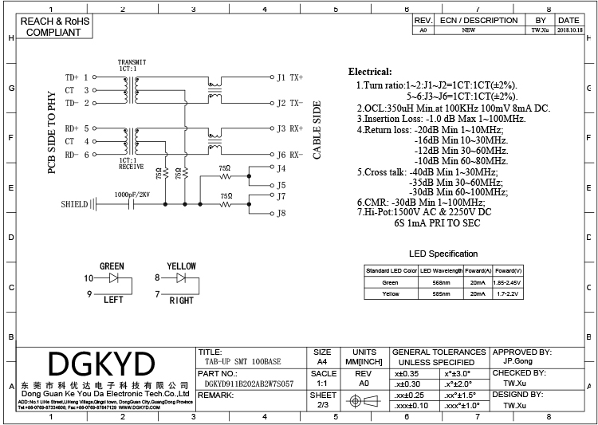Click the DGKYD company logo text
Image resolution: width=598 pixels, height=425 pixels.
pyautogui.click(x=102, y=364)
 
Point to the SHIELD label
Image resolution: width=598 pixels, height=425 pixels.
pyautogui.click(x=74, y=204)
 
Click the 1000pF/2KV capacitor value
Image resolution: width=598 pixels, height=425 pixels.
pyautogui.click(x=132, y=194)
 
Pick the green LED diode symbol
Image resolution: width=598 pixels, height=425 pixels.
pyautogui.click(x=113, y=277)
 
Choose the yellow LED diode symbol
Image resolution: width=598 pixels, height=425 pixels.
pyautogui.click(x=181, y=277)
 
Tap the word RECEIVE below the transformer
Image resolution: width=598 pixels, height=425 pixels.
pyautogui.click(x=131, y=168)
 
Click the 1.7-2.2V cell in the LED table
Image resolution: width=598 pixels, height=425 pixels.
pyautogui.click(x=508, y=294)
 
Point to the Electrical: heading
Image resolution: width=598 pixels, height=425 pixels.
pyautogui.click(x=370, y=72)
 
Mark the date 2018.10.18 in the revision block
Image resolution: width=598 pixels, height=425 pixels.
pyautogui.click(x=568, y=30)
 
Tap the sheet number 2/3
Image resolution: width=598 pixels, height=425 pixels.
pyautogui.click(x=322, y=405)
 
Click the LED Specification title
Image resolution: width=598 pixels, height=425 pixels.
pyautogui.click(x=443, y=254)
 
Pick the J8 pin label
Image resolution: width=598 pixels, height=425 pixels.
pyautogui.click(x=281, y=213)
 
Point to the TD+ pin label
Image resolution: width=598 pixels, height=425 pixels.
pyautogui.click(x=73, y=77)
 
